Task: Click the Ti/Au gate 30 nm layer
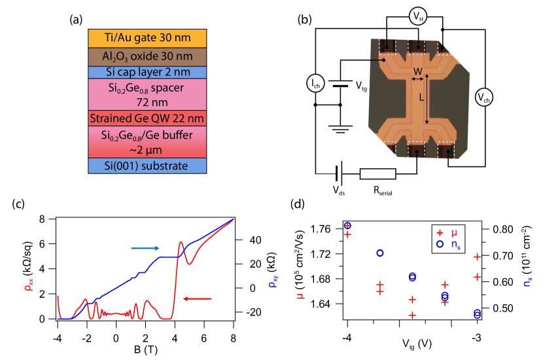pyautogui.click(x=147, y=38)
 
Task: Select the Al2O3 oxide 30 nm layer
pyautogui.click(x=147, y=56)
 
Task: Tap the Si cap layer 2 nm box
pyautogui.click(x=147, y=72)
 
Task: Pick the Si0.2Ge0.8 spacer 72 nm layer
pyautogui.click(x=147, y=94)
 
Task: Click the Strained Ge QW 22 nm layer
pyautogui.click(x=147, y=118)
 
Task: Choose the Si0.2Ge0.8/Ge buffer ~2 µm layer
pyautogui.click(x=147, y=142)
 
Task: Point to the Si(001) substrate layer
pyautogui.click(x=147, y=166)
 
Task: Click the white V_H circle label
pyautogui.click(x=417, y=16)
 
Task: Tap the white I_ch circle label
pyautogui.click(x=316, y=83)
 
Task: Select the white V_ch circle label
pyautogui.click(x=483, y=98)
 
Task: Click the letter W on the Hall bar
pyautogui.click(x=417, y=71)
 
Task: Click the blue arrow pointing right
pyautogui.click(x=145, y=247)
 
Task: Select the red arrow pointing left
pyautogui.click(x=197, y=298)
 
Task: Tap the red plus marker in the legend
pyautogui.click(x=440, y=233)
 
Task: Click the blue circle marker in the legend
pyautogui.click(x=440, y=244)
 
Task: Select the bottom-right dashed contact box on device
pyautogui.click(x=446, y=152)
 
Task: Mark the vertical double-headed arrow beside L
pyautogui.click(x=428, y=99)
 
